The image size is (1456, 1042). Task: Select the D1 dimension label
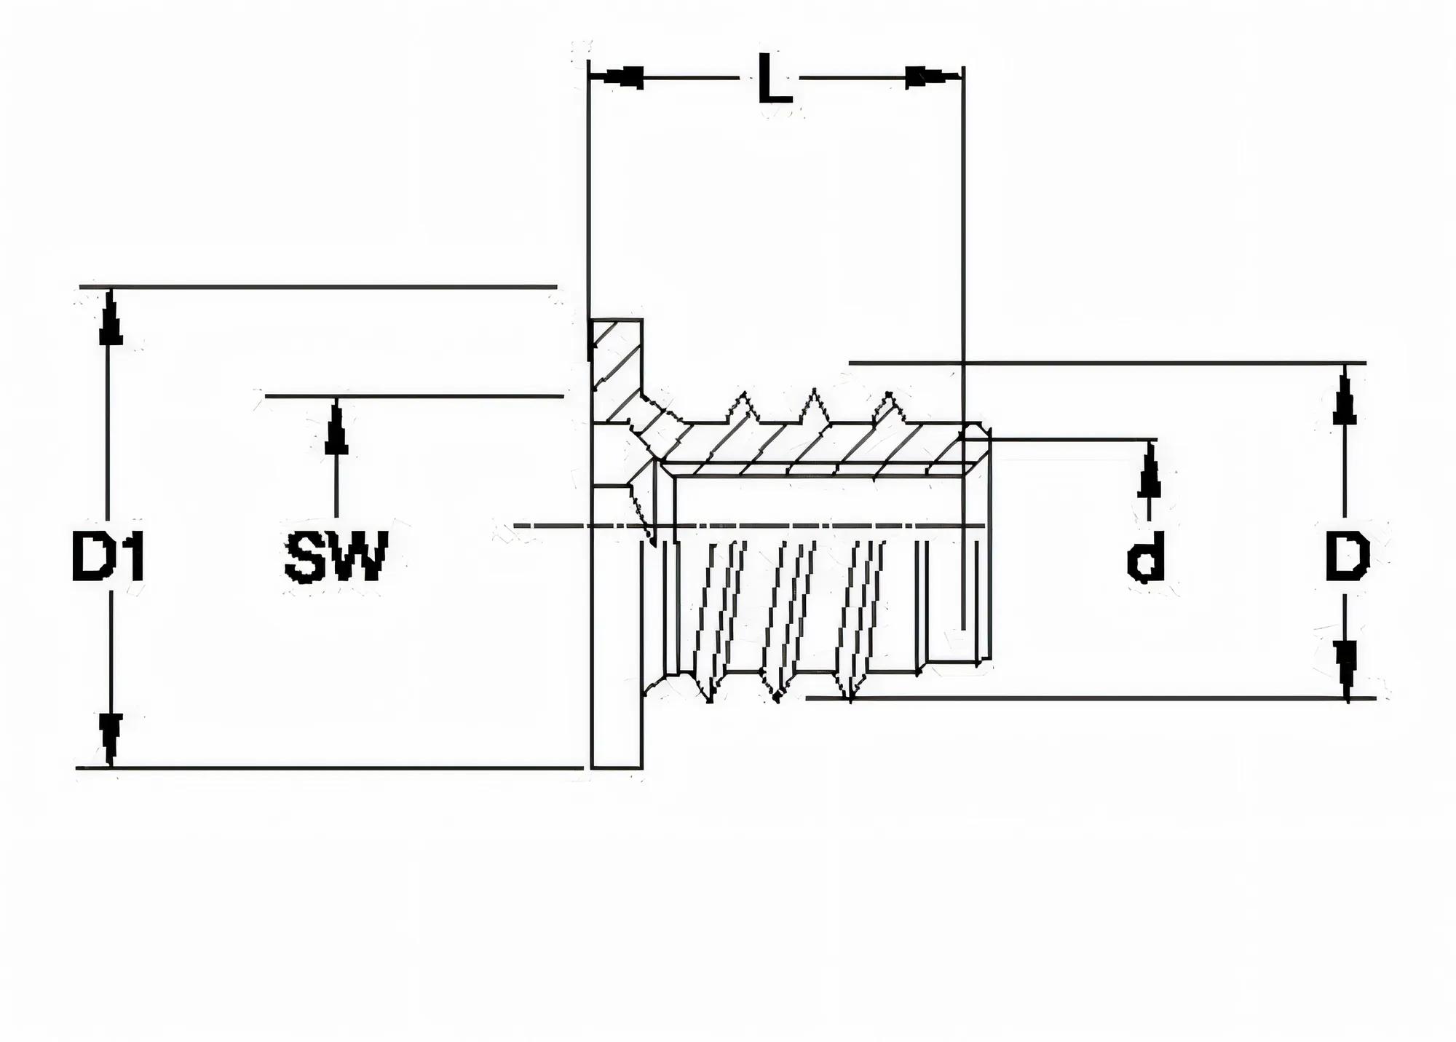tap(109, 557)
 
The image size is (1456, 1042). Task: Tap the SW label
tap(336, 557)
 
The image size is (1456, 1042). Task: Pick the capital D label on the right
tap(1347, 557)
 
